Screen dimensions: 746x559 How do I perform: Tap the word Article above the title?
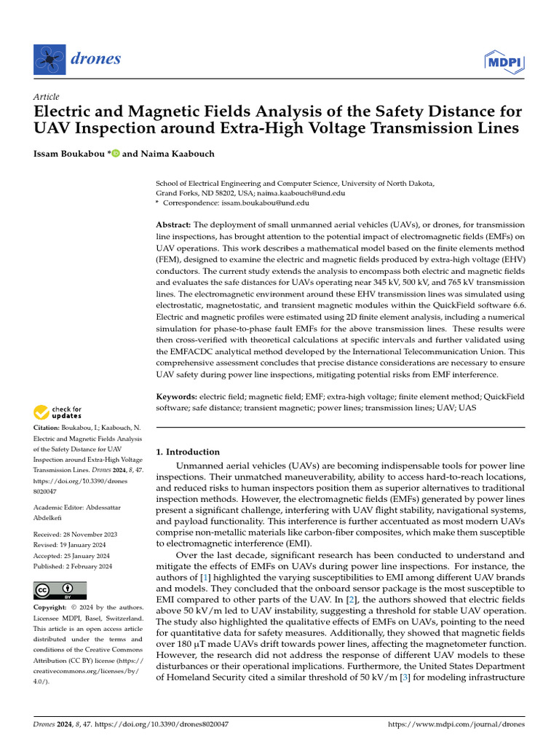point(47,97)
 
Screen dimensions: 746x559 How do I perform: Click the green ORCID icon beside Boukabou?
point(115,154)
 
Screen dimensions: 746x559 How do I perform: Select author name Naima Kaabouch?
point(173,154)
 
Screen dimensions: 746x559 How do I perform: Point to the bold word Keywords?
point(178,396)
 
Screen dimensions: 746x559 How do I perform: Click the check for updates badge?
point(58,413)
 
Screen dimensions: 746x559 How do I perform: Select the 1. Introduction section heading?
point(189,452)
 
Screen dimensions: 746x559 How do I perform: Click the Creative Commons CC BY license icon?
point(60,590)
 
